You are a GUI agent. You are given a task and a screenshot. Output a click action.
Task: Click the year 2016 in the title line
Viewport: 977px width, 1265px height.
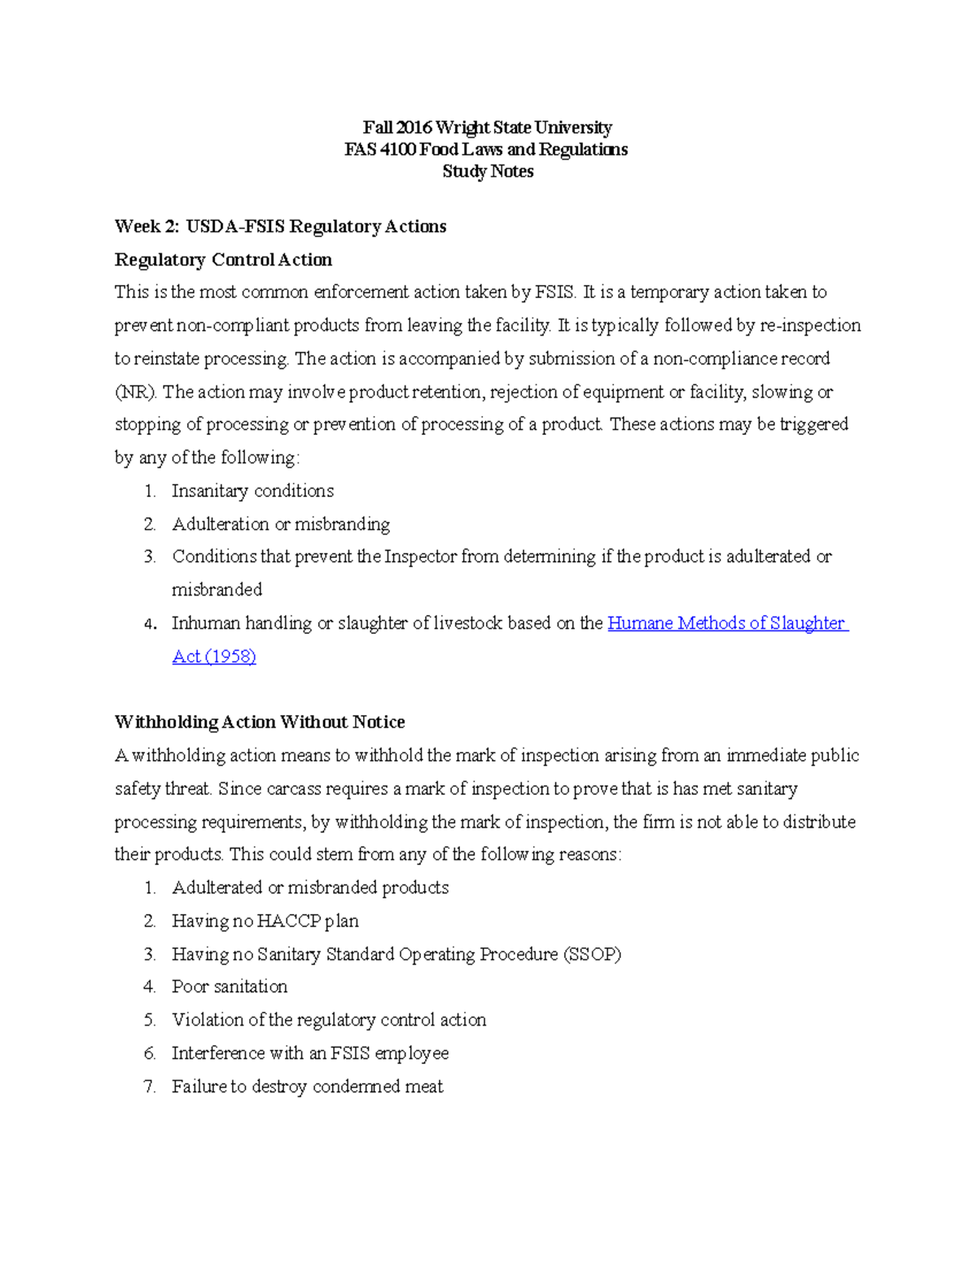click(414, 128)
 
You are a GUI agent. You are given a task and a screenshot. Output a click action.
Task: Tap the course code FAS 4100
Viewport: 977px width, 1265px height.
click(380, 150)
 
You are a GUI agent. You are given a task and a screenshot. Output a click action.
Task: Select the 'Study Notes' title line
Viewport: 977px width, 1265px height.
click(488, 172)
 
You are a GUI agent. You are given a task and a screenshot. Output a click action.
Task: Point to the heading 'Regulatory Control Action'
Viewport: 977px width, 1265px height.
click(223, 260)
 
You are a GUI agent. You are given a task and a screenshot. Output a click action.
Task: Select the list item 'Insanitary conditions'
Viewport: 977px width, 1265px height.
click(252, 491)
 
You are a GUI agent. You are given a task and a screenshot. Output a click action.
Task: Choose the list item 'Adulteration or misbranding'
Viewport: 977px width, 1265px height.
click(281, 525)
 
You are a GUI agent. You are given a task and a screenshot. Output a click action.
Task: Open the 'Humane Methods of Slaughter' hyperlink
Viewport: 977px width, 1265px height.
click(728, 624)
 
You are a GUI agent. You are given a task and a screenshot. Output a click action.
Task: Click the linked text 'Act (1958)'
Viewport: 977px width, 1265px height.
click(214, 657)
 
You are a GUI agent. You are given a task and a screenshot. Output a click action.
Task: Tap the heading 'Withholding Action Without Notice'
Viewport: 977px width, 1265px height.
click(260, 723)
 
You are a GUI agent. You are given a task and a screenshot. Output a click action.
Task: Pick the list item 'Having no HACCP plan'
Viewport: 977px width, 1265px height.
click(265, 921)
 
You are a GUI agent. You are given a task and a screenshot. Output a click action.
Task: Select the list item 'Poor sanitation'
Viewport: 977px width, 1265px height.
click(230, 987)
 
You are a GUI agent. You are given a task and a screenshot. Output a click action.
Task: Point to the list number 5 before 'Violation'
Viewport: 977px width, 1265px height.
click(150, 1021)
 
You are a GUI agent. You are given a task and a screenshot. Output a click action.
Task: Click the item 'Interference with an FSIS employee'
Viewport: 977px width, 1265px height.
click(310, 1054)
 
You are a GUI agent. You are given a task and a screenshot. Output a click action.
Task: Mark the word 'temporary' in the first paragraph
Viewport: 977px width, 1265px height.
click(668, 292)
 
